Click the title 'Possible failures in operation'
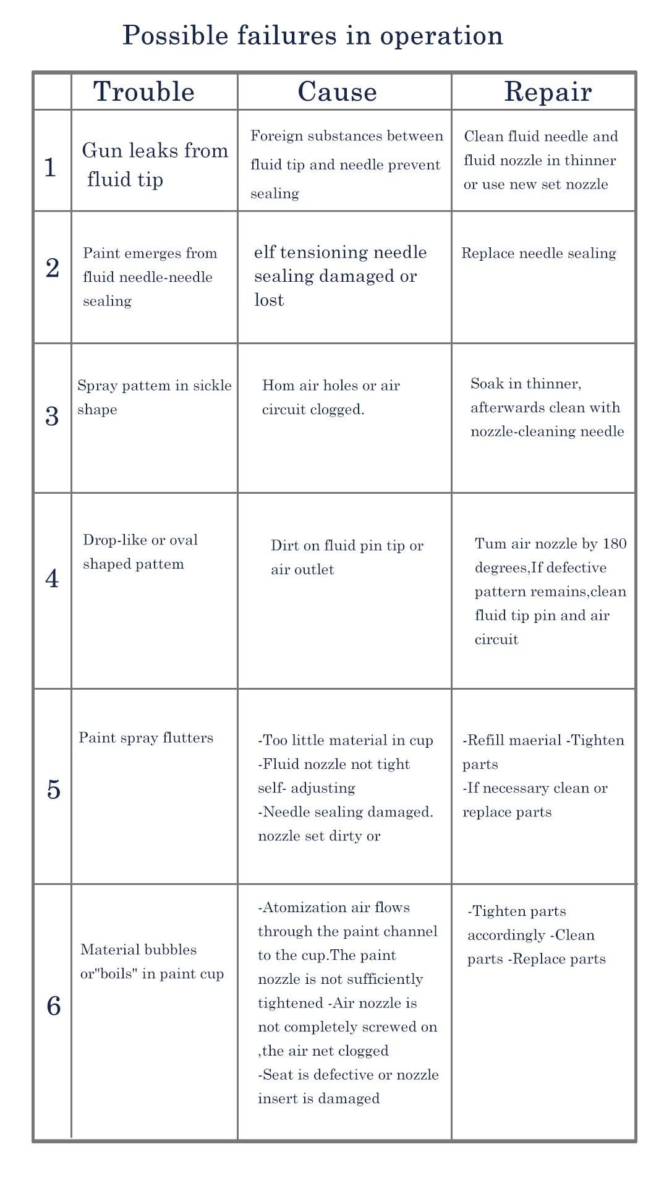[x=313, y=36]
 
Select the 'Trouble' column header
[x=144, y=92]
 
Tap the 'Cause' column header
[x=338, y=92]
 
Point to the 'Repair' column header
[x=548, y=92]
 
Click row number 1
[x=51, y=167]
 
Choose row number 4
[x=52, y=578]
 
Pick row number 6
[x=54, y=1007]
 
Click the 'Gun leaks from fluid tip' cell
[x=155, y=165]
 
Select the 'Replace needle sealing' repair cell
[x=538, y=253]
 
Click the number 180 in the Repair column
[x=615, y=544]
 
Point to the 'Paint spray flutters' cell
[x=146, y=738]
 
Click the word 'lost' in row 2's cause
[x=269, y=300]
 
